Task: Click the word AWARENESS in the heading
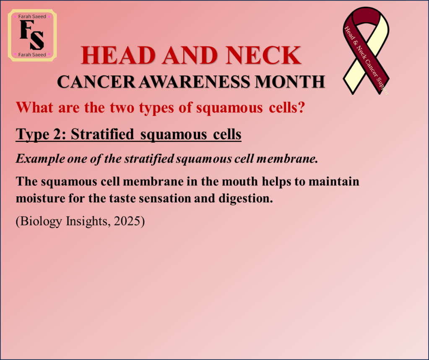pyautogui.click(x=194, y=81)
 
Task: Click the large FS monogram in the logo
pyautogui.click(x=32, y=35)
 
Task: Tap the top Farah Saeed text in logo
pyautogui.click(x=32, y=16)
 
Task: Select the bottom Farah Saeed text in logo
pyautogui.click(x=32, y=55)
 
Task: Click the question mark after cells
pyautogui.click(x=302, y=107)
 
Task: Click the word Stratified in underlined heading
pyautogui.click(x=102, y=134)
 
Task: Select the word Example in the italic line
pyautogui.click(x=40, y=159)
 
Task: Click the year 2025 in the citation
pyautogui.click(x=127, y=221)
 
